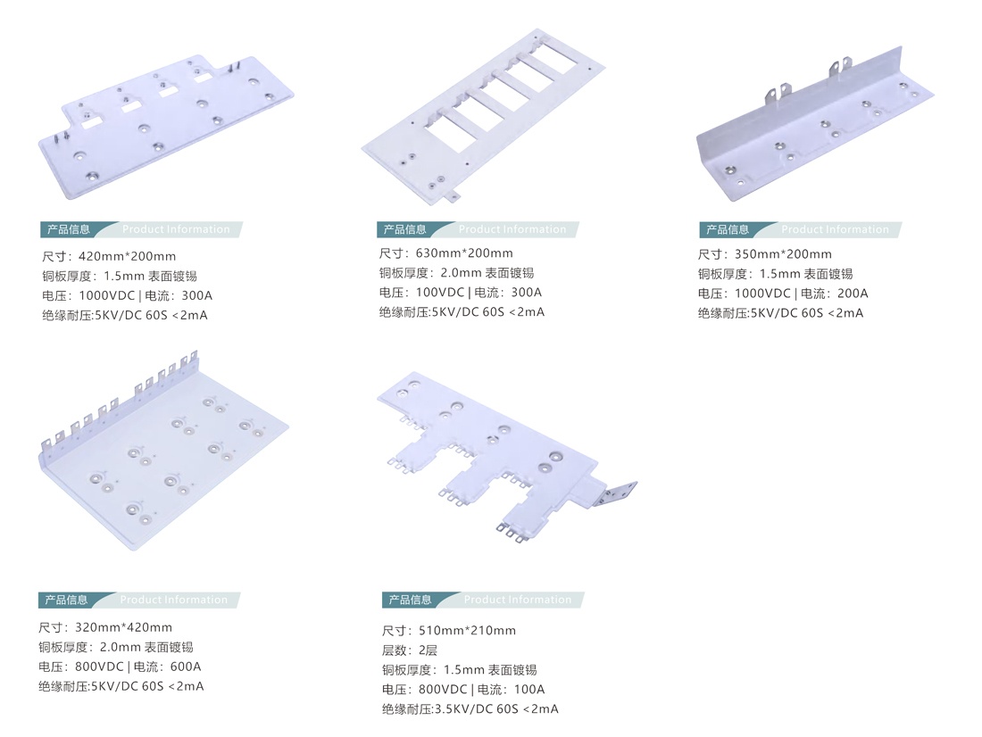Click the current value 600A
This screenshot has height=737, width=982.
[x=186, y=667]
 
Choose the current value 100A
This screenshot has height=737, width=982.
[x=528, y=690]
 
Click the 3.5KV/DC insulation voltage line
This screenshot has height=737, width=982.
[x=470, y=709]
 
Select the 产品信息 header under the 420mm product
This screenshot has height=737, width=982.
[x=69, y=229]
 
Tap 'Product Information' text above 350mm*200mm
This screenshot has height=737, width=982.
[x=835, y=229]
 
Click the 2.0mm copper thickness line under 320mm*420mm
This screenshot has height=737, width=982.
[x=115, y=647]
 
